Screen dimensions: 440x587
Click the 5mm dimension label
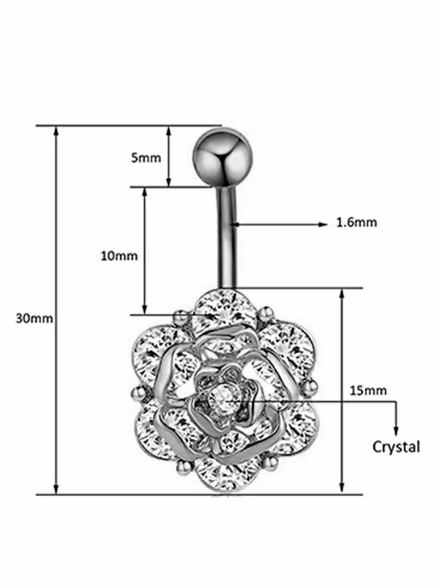coord(146,158)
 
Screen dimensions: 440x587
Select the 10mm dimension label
coord(119,256)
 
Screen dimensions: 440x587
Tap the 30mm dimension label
coord(34,319)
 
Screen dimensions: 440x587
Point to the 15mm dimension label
coord(368,391)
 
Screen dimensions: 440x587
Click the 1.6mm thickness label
coord(356,222)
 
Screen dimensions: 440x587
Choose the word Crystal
coord(396,447)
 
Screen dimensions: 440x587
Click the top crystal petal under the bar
coord(224,310)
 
